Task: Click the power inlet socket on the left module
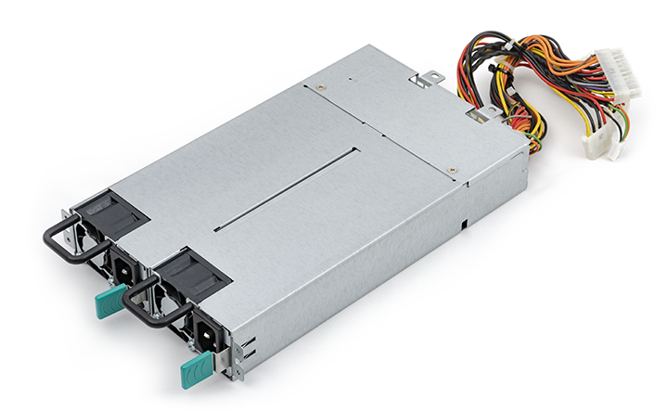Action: click(x=123, y=268)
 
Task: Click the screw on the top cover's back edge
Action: click(x=320, y=85)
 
